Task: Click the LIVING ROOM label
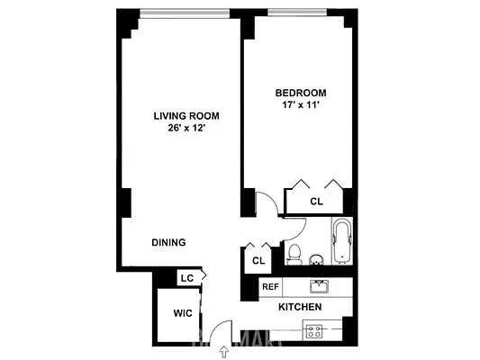coord(186,116)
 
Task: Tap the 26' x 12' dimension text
coord(186,129)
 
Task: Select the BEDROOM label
coord(300,93)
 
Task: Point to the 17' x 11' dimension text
coord(300,105)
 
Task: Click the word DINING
coord(168,242)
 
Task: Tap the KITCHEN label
coord(300,308)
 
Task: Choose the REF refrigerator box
coord(269,287)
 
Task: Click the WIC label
coord(184,314)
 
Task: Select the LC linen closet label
coord(186,278)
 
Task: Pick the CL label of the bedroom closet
coord(316,202)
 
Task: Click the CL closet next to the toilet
coord(258,260)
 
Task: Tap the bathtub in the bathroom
coord(342,241)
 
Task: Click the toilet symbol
coord(294,254)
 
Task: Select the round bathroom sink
coord(316,260)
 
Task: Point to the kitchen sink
coord(319,287)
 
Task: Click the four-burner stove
coord(314,330)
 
